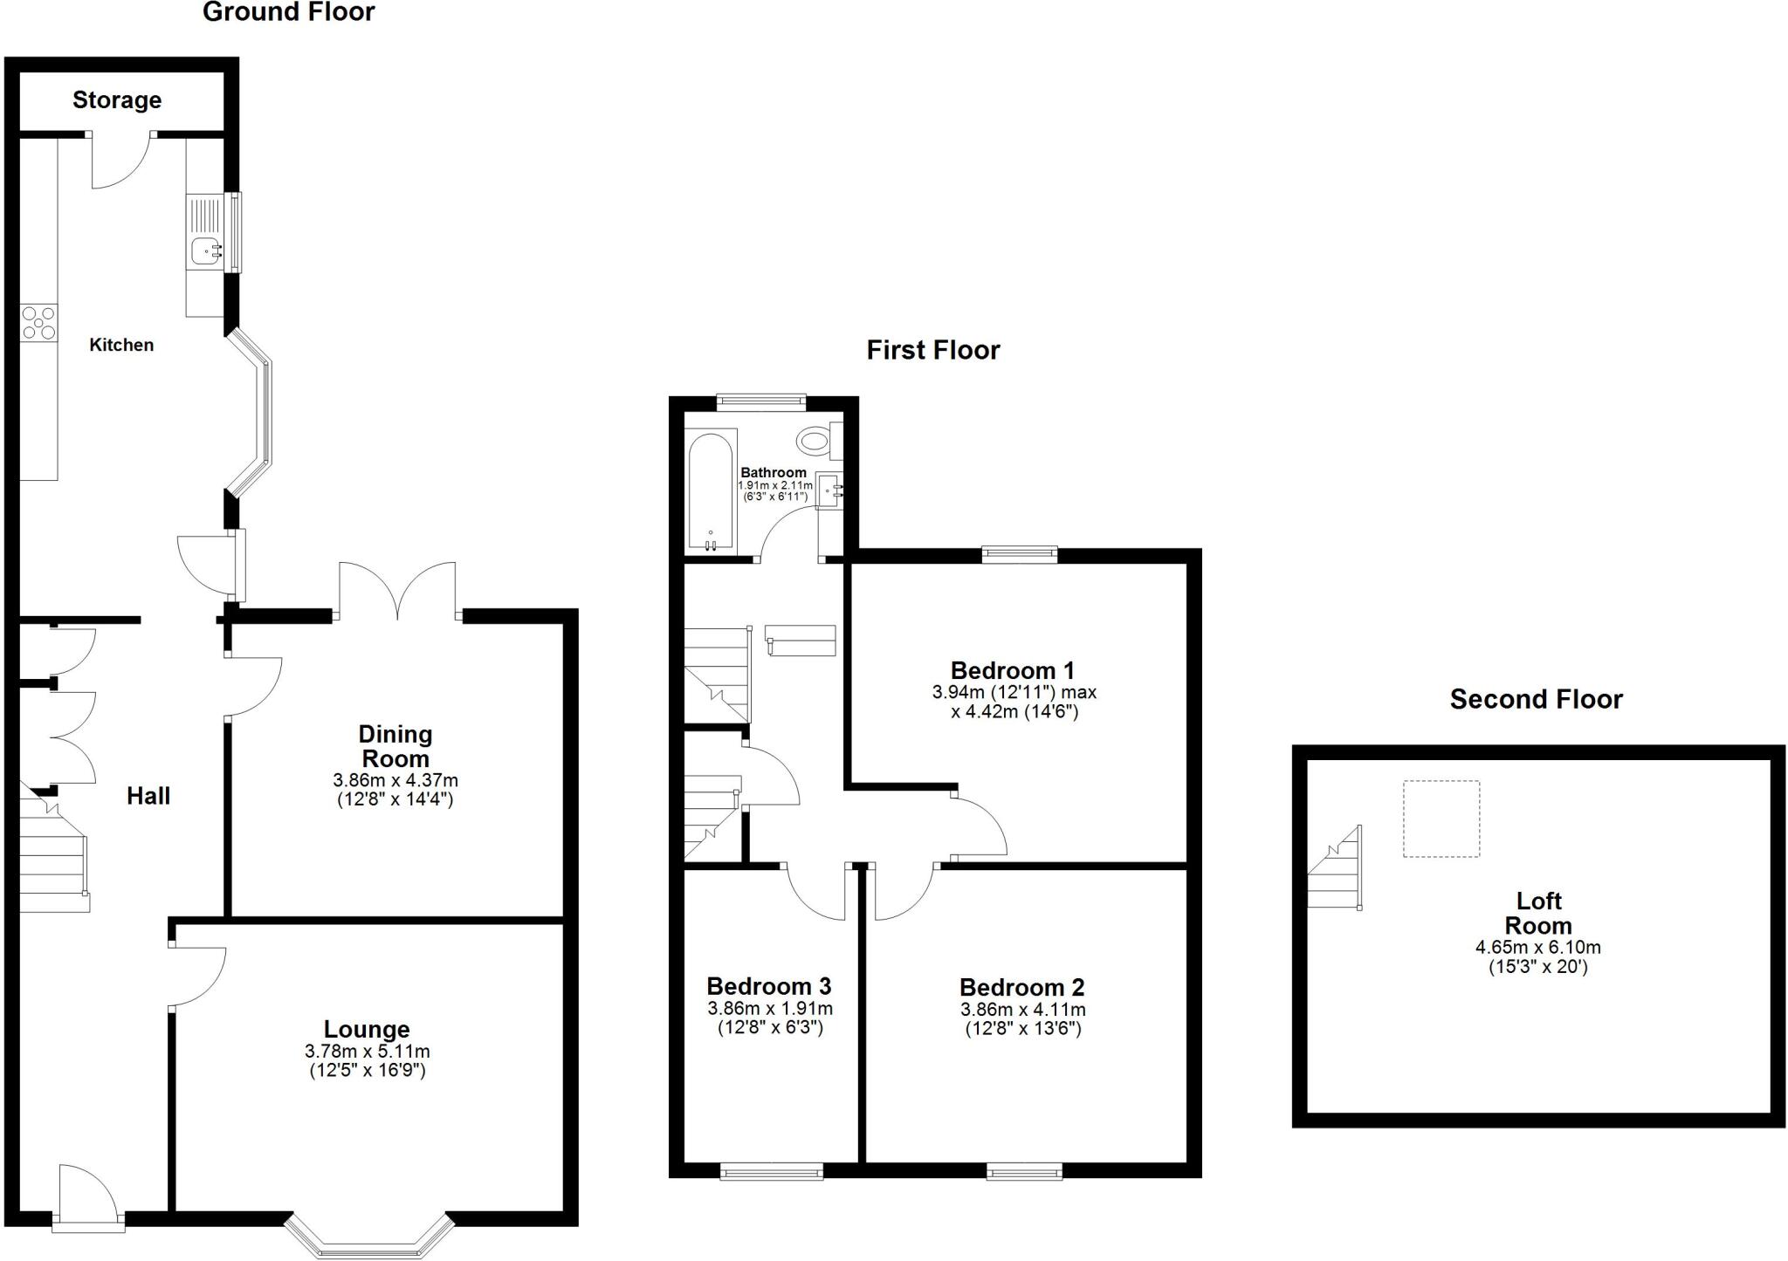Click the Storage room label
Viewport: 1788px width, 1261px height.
[117, 100]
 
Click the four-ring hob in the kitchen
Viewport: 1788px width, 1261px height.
[38, 322]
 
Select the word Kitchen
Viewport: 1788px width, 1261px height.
[121, 345]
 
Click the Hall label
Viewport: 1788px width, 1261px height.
[148, 796]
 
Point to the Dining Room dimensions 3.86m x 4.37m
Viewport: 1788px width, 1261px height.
[395, 780]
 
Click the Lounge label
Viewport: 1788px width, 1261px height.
[367, 1030]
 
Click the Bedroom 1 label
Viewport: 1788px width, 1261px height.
[1013, 670]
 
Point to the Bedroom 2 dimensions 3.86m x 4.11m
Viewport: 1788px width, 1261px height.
[1023, 1010]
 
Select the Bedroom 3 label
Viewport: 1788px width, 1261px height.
[769, 986]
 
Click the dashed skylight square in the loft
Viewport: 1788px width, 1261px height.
[1441, 819]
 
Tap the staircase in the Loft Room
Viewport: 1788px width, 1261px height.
[1336, 868]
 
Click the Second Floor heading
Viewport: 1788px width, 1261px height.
[1536, 699]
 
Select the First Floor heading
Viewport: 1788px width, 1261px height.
[932, 350]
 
